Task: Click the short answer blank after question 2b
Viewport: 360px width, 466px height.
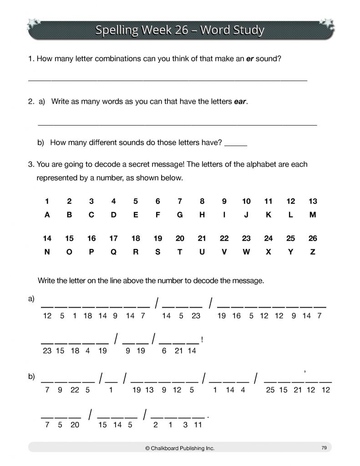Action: (x=236, y=144)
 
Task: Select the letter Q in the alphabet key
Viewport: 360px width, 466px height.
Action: (x=113, y=253)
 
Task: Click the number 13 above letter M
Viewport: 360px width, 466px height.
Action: (x=313, y=202)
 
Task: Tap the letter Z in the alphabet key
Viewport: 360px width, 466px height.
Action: (x=313, y=253)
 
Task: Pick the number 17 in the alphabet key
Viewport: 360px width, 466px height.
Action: (x=113, y=238)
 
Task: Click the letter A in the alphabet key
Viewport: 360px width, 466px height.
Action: (x=47, y=216)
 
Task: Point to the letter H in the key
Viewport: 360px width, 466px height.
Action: (x=202, y=216)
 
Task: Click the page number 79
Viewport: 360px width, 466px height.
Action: (x=324, y=448)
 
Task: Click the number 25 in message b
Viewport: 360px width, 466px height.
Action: (x=270, y=390)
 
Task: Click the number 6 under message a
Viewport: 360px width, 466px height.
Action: (x=164, y=350)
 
